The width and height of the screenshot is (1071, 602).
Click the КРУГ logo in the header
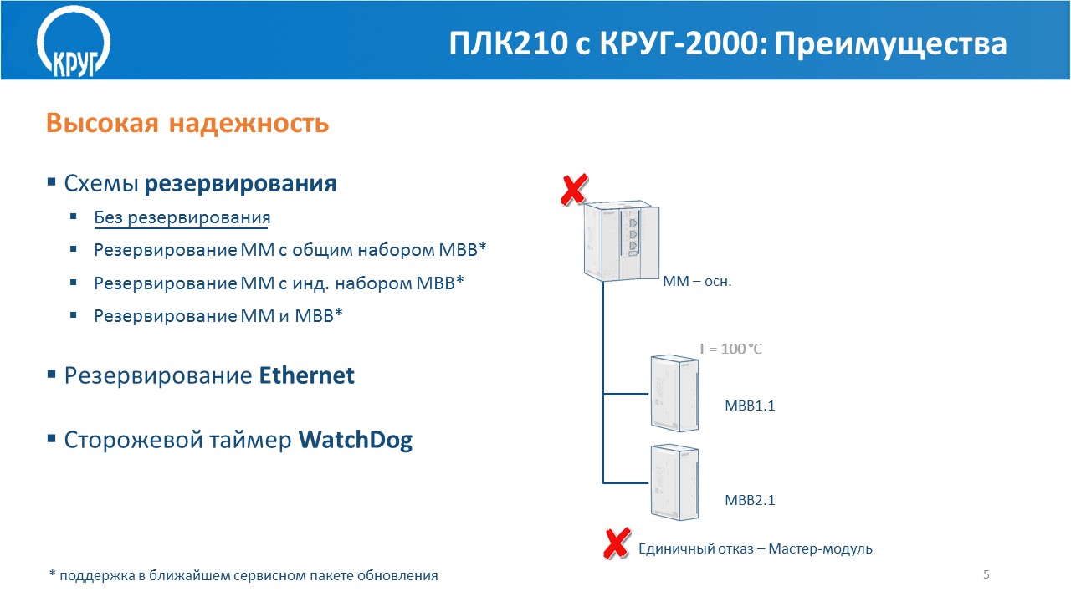tap(74, 42)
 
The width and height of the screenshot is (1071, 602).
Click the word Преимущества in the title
tap(891, 44)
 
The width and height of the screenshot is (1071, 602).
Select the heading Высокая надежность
tap(187, 123)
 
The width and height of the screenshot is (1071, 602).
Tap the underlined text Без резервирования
tap(182, 217)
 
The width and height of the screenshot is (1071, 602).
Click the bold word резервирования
tap(240, 183)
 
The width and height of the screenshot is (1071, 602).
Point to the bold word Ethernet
tap(306, 375)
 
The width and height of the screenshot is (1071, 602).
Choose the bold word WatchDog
tap(356, 440)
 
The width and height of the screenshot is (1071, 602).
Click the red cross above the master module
tap(574, 190)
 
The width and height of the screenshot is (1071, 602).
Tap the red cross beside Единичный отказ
tap(617, 543)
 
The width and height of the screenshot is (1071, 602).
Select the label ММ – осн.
tap(697, 282)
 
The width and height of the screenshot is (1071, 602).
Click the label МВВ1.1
tap(750, 406)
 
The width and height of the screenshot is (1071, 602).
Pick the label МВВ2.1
tap(750, 500)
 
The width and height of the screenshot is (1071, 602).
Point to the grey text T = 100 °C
tap(730, 349)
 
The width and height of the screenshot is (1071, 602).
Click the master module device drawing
tap(622, 241)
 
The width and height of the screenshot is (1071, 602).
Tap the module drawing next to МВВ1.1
tap(674, 393)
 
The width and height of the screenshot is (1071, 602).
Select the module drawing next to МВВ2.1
tap(674, 482)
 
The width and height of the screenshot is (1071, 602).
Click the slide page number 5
tap(986, 574)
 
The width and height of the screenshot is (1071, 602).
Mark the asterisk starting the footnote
tap(53, 573)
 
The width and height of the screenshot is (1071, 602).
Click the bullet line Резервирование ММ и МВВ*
tap(218, 316)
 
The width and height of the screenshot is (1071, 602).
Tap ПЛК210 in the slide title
tap(508, 44)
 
